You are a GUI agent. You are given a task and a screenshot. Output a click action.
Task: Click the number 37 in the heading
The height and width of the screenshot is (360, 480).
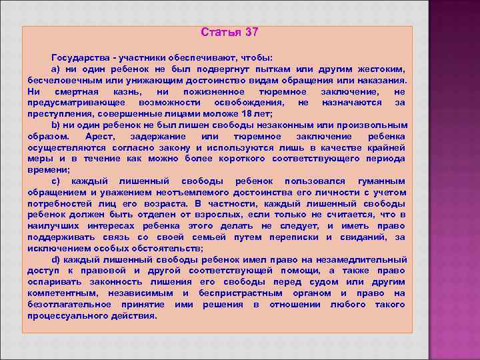pyautogui.click(x=251, y=32)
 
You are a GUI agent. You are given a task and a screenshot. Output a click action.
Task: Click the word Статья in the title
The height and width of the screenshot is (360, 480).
pyautogui.click(x=221, y=32)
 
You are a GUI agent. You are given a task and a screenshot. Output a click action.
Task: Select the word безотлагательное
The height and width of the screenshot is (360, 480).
pyautogui.click(x=71, y=304)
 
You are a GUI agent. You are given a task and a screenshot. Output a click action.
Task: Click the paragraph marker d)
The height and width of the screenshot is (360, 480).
pyautogui.click(x=56, y=259)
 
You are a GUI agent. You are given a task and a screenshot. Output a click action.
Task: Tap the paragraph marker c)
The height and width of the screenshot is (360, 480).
pyautogui.click(x=56, y=181)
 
